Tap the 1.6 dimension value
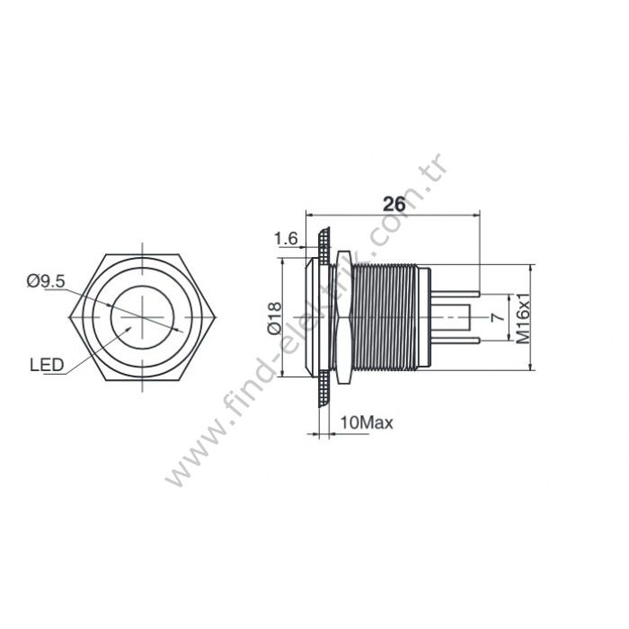[286, 238]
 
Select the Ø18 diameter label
[275, 318]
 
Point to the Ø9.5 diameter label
[46, 281]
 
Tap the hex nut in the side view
[340, 317]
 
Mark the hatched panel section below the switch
[323, 394]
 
